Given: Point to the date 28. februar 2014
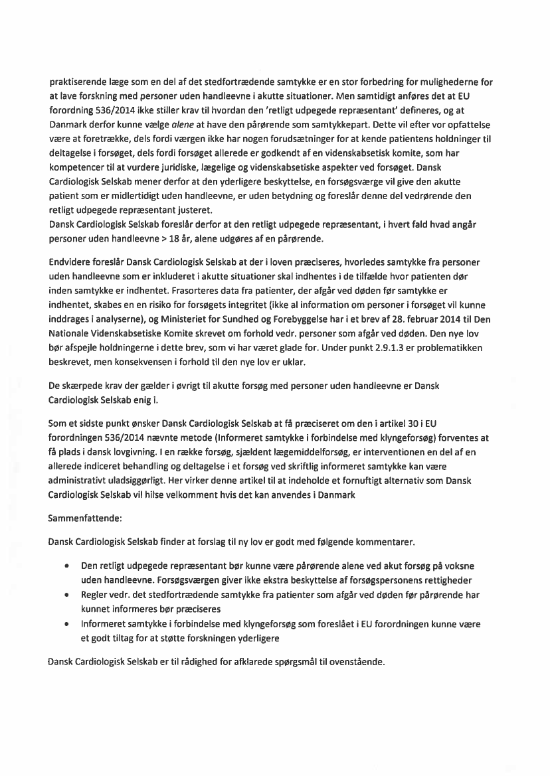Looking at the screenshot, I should click(412, 319).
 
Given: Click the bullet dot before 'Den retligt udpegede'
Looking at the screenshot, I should click(67, 566).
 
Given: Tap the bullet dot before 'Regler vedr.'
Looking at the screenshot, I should click(67, 595).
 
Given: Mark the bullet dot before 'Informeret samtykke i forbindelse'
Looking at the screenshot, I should click(67, 625).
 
